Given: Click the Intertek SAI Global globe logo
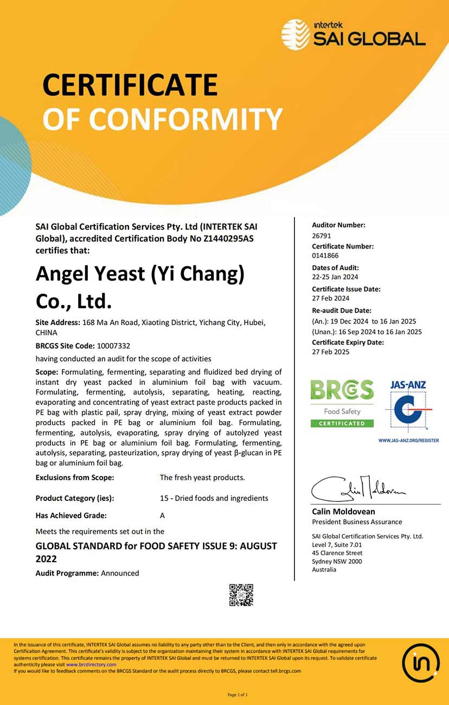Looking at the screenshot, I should tap(296, 34).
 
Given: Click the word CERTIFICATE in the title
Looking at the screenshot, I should tap(130, 85).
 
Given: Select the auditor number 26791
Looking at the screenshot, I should tap(322, 236).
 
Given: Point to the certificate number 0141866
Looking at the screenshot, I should tap(325, 256).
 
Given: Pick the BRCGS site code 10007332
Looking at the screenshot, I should tap(113, 346).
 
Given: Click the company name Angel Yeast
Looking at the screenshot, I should tap(90, 274).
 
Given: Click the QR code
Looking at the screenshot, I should tap(241, 595).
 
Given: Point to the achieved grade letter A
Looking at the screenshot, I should tap(162, 516).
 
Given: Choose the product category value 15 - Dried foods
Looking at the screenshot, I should tap(214, 498).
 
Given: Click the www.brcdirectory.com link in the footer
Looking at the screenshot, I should tap(91, 664).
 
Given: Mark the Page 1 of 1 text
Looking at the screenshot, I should tap(238, 695).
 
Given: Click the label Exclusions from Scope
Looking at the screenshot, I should tap(75, 478).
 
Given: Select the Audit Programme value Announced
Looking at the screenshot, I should tap(120, 573).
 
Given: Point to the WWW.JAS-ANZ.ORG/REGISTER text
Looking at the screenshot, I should tap(408, 440).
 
